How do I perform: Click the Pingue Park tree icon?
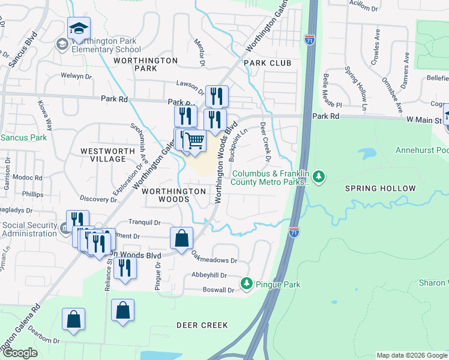[246, 283]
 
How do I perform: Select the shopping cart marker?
[194, 142]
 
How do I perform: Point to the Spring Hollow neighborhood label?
[380, 188]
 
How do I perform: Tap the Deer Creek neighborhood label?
[202, 325]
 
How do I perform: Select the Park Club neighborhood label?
[267, 63]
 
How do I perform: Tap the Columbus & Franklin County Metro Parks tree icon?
[320, 176]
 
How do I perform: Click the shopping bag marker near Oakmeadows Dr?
[181, 238]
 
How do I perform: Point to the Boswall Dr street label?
[218, 290]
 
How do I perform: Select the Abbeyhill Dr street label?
[209, 275]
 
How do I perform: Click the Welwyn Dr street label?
[76, 76]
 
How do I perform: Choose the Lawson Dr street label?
[191, 84]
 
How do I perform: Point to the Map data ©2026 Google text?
[411, 355]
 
